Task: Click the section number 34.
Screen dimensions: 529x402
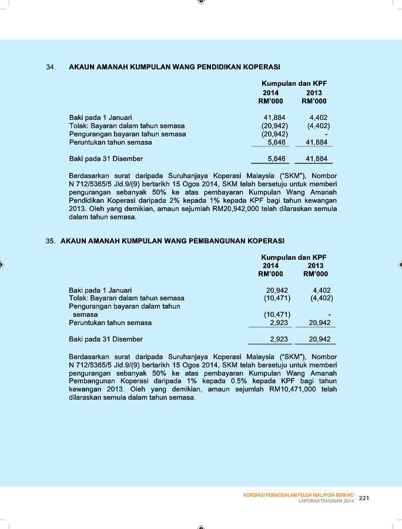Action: pyautogui.click(x=51, y=67)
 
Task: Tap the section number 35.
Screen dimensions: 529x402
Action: pyautogui.click(x=51, y=241)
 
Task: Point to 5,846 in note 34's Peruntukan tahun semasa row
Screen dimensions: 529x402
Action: pyautogui.click(x=277, y=142)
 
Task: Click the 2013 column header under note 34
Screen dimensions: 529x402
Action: pyautogui.click(x=314, y=93)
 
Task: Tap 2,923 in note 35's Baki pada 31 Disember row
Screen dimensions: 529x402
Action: pyautogui.click(x=279, y=339)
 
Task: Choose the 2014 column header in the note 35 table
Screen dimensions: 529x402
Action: pyautogui.click(x=270, y=266)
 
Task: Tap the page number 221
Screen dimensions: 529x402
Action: pyautogui.click(x=364, y=498)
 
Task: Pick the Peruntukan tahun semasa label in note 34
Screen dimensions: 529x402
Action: pyautogui.click(x=110, y=142)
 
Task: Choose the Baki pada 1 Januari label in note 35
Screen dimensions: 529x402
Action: pyautogui.click(x=101, y=290)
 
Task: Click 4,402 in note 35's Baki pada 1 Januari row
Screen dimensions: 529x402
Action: pyautogui.click(x=322, y=290)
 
